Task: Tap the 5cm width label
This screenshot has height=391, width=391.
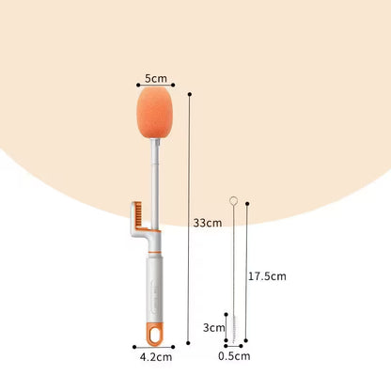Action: (x=156, y=77)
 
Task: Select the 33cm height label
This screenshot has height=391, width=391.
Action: (x=207, y=223)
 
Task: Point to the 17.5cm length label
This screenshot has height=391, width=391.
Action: (x=266, y=276)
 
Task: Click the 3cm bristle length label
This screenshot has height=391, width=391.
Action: (x=214, y=328)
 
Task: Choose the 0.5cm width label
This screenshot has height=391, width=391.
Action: (x=234, y=356)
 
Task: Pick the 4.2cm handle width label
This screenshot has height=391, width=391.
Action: (x=157, y=357)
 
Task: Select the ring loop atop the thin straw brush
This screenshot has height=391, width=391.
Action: (x=234, y=200)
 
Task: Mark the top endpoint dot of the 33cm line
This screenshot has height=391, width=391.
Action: (x=190, y=94)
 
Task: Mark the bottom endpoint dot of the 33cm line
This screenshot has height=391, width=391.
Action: (x=190, y=344)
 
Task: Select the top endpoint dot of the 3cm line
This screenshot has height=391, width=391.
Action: (x=226, y=314)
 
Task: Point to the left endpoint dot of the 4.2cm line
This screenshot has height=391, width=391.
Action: (x=133, y=346)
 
